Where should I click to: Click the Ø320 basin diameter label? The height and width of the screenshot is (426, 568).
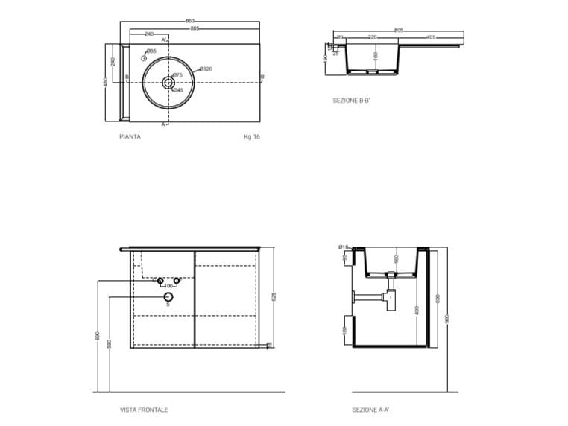[206, 69]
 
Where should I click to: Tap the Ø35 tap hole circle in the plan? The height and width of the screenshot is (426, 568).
[145, 58]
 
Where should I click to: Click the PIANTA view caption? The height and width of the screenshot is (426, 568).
[130, 137]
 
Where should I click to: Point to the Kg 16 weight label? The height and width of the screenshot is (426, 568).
[252, 137]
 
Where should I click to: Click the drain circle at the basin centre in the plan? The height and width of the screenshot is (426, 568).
[168, 83]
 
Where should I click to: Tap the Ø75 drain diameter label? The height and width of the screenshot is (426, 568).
[178, 75]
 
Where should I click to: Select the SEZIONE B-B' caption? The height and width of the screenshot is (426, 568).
[351, 99]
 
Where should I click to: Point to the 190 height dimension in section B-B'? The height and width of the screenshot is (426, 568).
[326, 57]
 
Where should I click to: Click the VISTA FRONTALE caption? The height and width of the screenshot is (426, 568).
[144, 410]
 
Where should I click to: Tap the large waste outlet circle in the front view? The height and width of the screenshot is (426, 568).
[168, 296]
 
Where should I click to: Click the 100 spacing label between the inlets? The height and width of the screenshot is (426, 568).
[168, 285]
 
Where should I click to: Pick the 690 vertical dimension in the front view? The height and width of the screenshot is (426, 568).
[98, 337]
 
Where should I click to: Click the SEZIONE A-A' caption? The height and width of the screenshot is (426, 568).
[370, 410]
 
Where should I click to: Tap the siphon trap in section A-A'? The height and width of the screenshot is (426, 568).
[388, 296]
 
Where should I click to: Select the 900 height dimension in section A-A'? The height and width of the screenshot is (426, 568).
[448, 319]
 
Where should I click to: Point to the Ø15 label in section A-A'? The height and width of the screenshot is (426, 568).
[343, 247]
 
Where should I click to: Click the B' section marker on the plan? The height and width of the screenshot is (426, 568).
[262, 77]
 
